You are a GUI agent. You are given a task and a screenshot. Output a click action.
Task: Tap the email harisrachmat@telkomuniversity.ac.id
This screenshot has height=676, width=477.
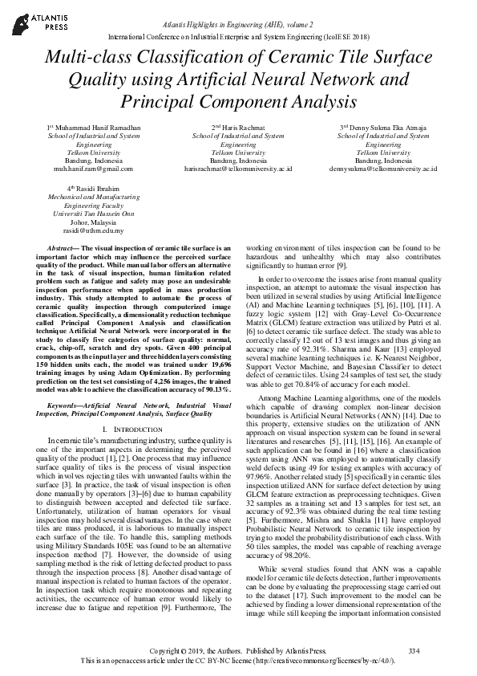[238, 169]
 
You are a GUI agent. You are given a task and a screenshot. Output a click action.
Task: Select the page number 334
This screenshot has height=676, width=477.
[414, 649]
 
